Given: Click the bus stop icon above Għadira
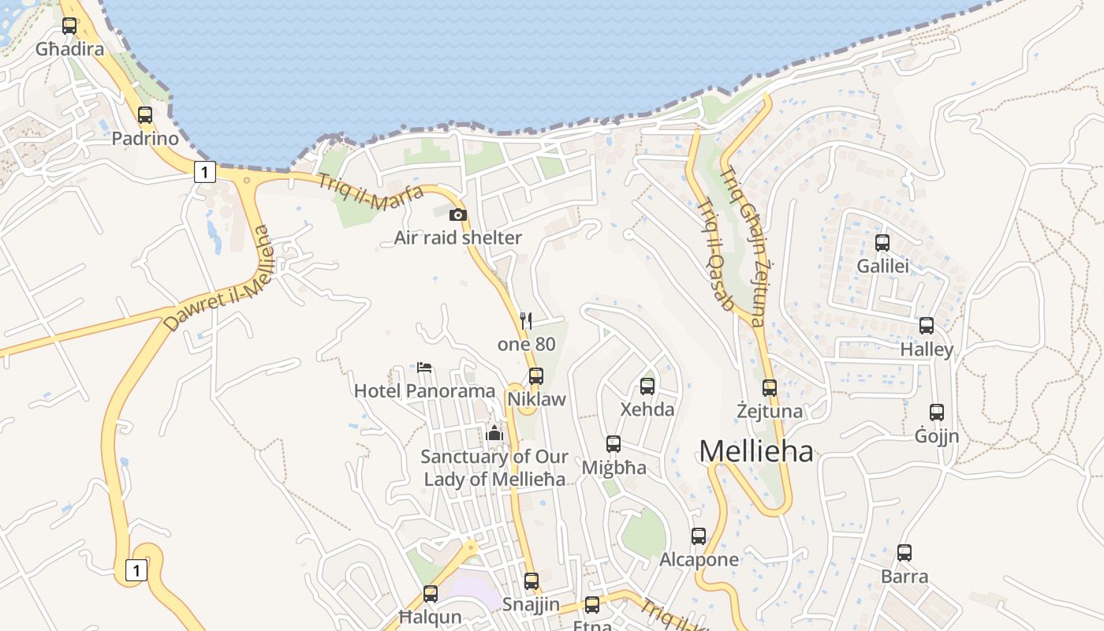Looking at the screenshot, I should tap(69, 26).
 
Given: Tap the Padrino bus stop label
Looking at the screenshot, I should tap(145, 139).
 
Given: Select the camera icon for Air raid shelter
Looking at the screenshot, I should tap(457, 215).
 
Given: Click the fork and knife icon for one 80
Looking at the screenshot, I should tap(526, 320).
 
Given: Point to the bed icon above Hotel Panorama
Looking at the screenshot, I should tap(424, 367).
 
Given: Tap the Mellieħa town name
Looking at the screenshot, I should tap(755, 452).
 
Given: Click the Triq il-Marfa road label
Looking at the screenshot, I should tap(371, 192).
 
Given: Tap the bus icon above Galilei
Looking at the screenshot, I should tap(882, 243).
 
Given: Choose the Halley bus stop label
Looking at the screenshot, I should tap(927, 349).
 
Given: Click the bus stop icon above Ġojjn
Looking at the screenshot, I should tap(937, 413).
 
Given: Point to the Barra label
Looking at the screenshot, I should tap(904, 577).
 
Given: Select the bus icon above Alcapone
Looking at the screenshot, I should tap(699, 536).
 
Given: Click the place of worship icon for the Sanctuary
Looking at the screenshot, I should tap(494, 433).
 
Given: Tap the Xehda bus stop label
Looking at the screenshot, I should tap(647, 409).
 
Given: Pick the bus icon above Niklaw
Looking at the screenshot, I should tap(536, 376).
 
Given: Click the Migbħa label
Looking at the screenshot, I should tap(614, 468).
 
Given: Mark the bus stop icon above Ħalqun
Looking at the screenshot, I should tap(431, 594).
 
